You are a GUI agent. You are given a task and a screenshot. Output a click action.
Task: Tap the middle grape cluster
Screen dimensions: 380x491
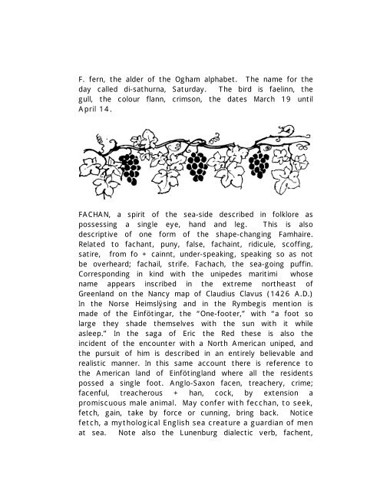[197, 163]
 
